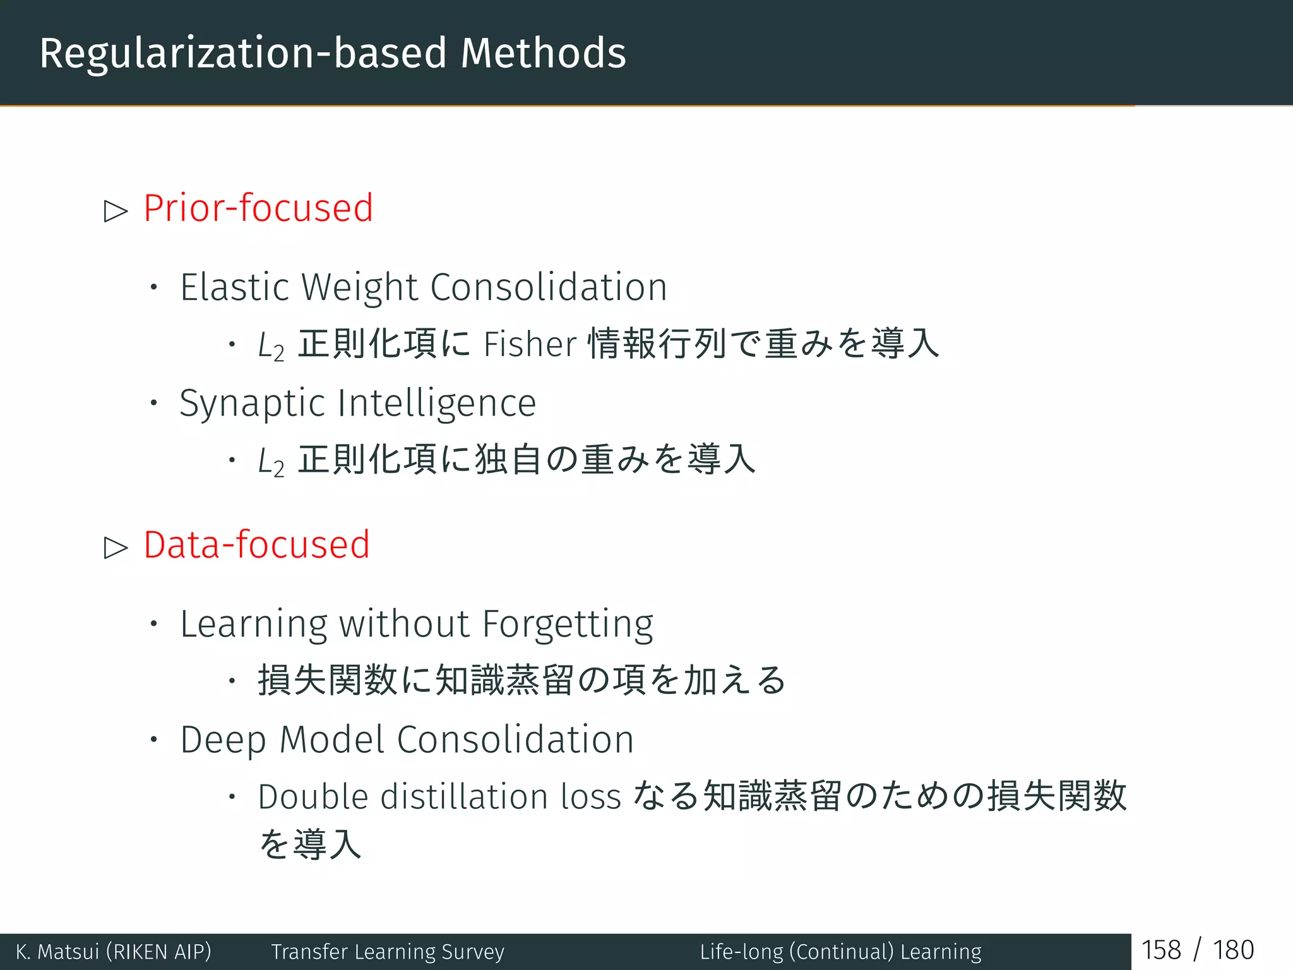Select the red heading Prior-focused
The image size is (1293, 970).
click(x=258, y=208)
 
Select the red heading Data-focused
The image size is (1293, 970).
click(x=256, y=544)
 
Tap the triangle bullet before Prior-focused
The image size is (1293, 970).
click(x=116, y=210)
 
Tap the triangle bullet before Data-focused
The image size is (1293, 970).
click(x=116, y=547)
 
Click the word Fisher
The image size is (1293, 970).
click(x=530, y=345)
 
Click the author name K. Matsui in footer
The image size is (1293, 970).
click(x=57, y=952)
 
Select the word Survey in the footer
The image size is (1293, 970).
click(x=473, y=952)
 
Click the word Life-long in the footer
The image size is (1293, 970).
click(x=741, y=952)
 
